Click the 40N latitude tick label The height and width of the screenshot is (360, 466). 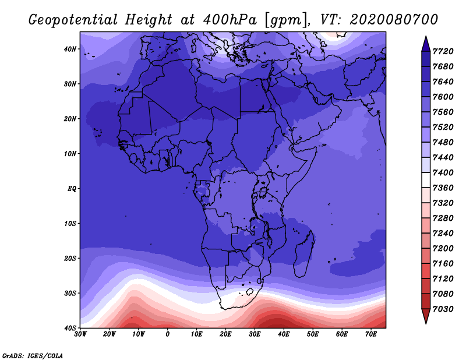[x=70, y=49]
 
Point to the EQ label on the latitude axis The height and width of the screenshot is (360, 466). [x=72, y=189]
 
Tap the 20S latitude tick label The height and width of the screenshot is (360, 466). [x=70, y=258]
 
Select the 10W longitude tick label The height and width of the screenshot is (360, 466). [x=139, y=334]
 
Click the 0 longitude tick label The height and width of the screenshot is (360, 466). [x=168, y=334]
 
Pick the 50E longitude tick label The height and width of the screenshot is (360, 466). [x=313, y=334]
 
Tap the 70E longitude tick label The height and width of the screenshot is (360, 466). [x=370, y=334]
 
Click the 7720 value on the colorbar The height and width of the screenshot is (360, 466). [x=443, y=51]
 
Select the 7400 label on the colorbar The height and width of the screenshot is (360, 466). [x=443, y=172]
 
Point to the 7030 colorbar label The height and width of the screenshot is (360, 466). [x=443, y=309]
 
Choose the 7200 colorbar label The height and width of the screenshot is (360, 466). [x=443, y=248]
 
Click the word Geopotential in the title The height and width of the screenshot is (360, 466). [x=73, y=20]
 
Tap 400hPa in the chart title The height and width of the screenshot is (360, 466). [x=230, y=20]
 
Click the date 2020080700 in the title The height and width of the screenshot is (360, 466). [x=394, y=20]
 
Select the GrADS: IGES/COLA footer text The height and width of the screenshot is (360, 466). [x=33, y=355]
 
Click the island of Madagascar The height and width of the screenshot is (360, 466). [x=303, y=254]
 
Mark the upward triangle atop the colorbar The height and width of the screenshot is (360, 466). [x=426, y=44]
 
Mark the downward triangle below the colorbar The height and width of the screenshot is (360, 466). [x=426, y=316]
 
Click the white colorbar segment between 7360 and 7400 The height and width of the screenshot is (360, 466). [x=426, y=180]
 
